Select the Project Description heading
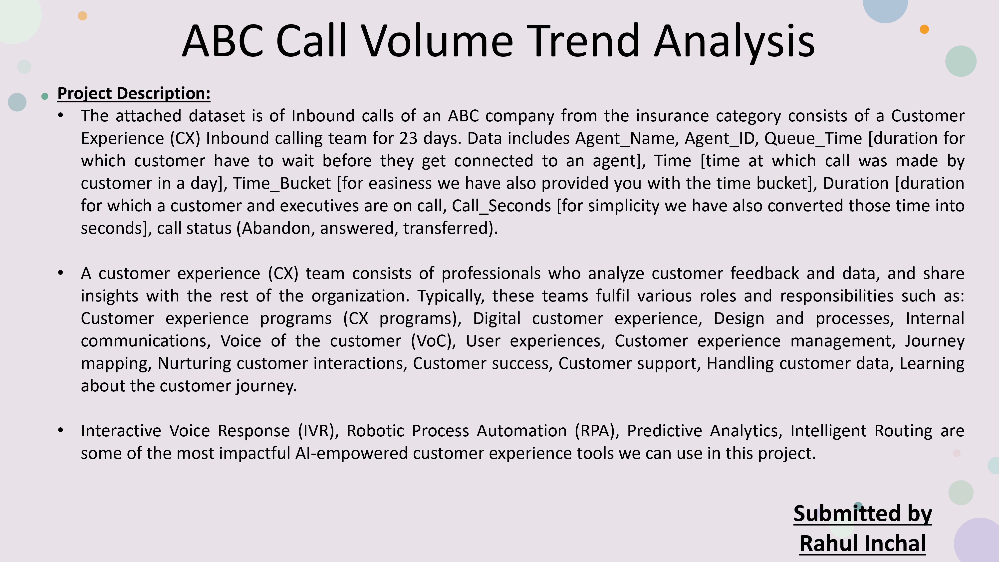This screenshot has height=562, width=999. (x=134, y=93)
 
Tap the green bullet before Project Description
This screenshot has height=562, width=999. (x=45, y=96)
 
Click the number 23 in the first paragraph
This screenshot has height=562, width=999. (x=408, y=138)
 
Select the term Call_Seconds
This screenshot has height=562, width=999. (x=501, y=206)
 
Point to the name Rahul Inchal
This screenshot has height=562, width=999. (x=862, y=543)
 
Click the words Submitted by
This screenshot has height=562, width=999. (x=862, y=514)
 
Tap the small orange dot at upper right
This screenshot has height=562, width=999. (x=924, y=29)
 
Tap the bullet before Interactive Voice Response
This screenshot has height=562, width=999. (x=60, y=430)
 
